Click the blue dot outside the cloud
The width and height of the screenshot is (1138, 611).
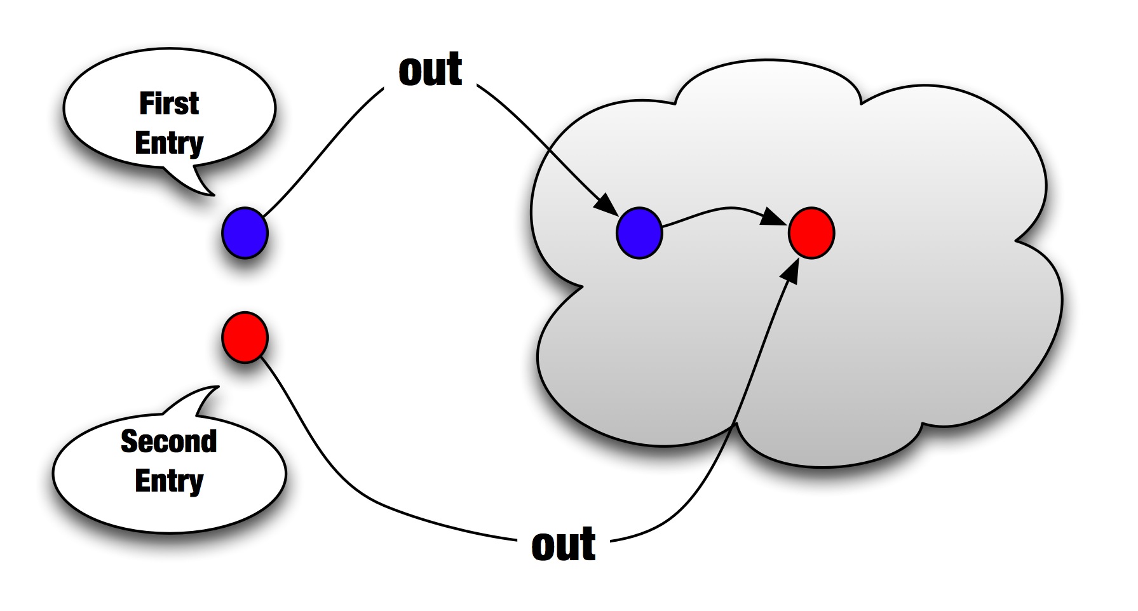click(245, 233)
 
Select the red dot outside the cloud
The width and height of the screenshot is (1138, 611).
click(245, 337)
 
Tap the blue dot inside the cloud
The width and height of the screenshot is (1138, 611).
click(639, 233)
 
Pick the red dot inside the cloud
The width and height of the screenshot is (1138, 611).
click(811, 233)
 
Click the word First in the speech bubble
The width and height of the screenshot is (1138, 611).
click(169, 104)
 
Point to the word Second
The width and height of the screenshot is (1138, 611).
click(169, 441)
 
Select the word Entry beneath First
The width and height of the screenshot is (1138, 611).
click(169, 143)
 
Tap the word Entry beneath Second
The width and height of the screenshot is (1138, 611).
click(169, 480)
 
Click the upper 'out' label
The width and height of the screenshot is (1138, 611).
click(430, 70)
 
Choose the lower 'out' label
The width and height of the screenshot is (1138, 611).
click(564, 544)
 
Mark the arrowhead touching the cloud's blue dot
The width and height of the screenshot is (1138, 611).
click(606, 205)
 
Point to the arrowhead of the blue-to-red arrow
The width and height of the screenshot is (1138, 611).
click(774, 217)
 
